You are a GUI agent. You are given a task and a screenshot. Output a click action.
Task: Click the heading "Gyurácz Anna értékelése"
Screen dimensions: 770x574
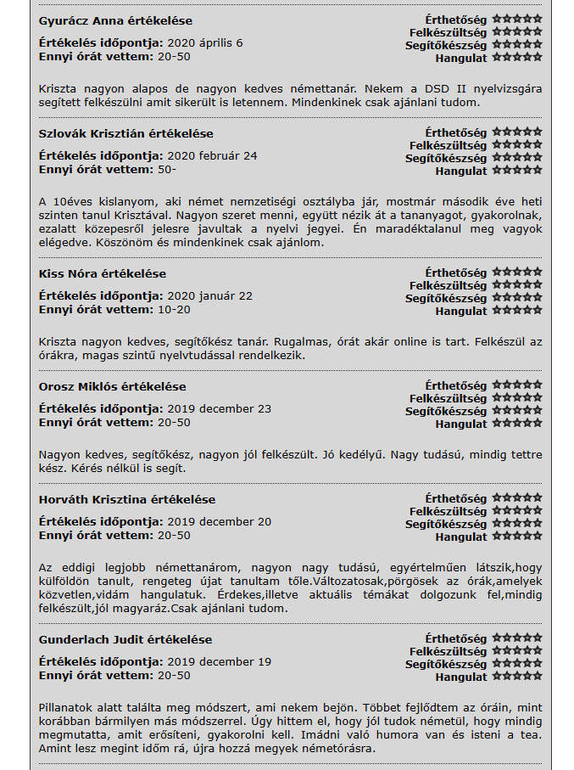tap(115, 21)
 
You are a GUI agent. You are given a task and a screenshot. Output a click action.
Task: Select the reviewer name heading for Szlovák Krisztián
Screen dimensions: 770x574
tap(125, 134)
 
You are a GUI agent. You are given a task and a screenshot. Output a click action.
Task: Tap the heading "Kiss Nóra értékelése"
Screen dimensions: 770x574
tap(103, 274)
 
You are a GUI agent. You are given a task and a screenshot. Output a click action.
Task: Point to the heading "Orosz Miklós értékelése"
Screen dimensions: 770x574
tap(112, 387)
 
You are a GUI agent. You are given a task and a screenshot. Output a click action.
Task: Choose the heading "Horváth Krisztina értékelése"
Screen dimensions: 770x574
tap(127, 500)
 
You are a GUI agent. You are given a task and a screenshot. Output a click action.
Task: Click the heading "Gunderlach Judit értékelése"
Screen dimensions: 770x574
tap(125, 640)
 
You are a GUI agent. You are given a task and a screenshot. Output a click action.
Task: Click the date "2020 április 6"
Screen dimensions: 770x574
tap(204, 43)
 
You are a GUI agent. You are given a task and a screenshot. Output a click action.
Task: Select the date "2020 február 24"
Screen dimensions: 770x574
tap(212, 156)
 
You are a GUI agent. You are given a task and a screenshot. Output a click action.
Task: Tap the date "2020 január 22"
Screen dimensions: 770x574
tap(209, 296)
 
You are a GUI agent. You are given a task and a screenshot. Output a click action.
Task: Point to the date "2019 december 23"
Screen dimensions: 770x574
tap(219, 409)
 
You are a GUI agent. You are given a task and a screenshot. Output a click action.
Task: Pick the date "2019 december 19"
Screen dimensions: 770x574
tap(219, 662)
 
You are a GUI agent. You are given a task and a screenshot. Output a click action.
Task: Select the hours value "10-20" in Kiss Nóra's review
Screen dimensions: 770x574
tap(174, 309)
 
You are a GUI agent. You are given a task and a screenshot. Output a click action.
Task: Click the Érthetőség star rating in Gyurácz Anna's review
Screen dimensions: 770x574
tap(516, 18)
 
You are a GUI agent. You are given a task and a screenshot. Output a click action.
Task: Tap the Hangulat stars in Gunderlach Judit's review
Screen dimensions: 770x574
tap(516, 677)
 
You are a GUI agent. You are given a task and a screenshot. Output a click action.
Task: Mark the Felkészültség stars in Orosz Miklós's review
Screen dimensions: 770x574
tap(516, 398)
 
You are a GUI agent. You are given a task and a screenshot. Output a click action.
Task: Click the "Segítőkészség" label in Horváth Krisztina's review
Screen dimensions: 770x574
tap(446, 525)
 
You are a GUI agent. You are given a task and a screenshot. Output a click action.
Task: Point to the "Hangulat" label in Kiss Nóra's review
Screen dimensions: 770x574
tap(461, 312)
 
